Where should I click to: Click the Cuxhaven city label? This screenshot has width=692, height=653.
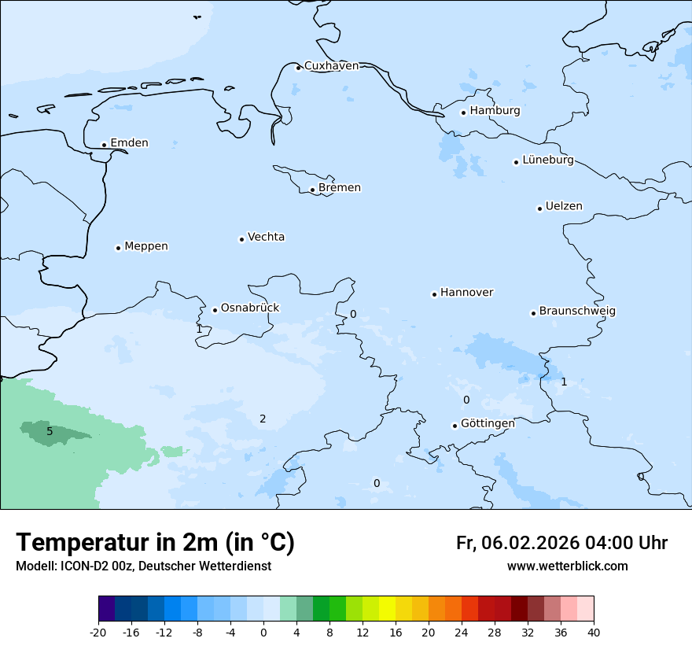(331, 66)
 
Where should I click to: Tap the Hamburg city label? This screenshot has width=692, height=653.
(495, 111)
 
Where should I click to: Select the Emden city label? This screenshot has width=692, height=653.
(129, 143)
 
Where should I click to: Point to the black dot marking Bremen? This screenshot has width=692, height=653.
(312, 190)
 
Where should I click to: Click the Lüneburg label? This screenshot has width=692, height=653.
(547, 160)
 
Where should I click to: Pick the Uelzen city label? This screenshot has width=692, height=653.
(564, 207)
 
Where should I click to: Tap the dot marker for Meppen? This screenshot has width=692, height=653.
(118, 248)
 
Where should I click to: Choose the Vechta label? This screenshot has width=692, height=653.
(266, 237)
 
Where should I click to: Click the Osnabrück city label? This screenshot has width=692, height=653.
(249, 308)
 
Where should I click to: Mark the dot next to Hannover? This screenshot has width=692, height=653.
(434, 294)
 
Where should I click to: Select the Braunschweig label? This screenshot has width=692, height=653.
(576, 312)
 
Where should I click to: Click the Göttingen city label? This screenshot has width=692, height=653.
(488, 424)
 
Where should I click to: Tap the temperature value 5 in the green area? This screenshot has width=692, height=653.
(50, 431)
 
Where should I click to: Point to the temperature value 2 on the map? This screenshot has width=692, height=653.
(263, 419)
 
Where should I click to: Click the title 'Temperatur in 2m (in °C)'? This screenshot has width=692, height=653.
(155, 543)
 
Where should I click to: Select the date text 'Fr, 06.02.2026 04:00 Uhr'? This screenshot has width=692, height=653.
(561, 543)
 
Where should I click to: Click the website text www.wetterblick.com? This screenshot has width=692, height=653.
(567, 566)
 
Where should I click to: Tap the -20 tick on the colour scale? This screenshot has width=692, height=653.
(98, 633)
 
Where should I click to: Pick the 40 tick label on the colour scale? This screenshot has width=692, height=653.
(593, 633)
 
